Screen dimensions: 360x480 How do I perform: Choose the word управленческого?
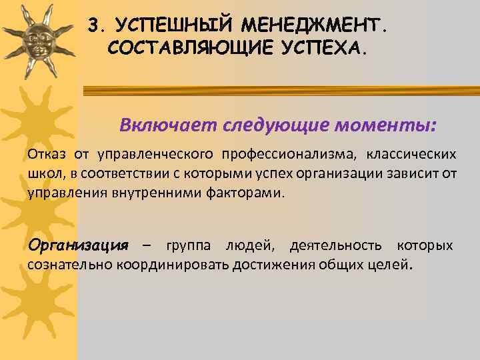155,155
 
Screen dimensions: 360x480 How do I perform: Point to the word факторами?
250,194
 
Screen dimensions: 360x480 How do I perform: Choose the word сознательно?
70,265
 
